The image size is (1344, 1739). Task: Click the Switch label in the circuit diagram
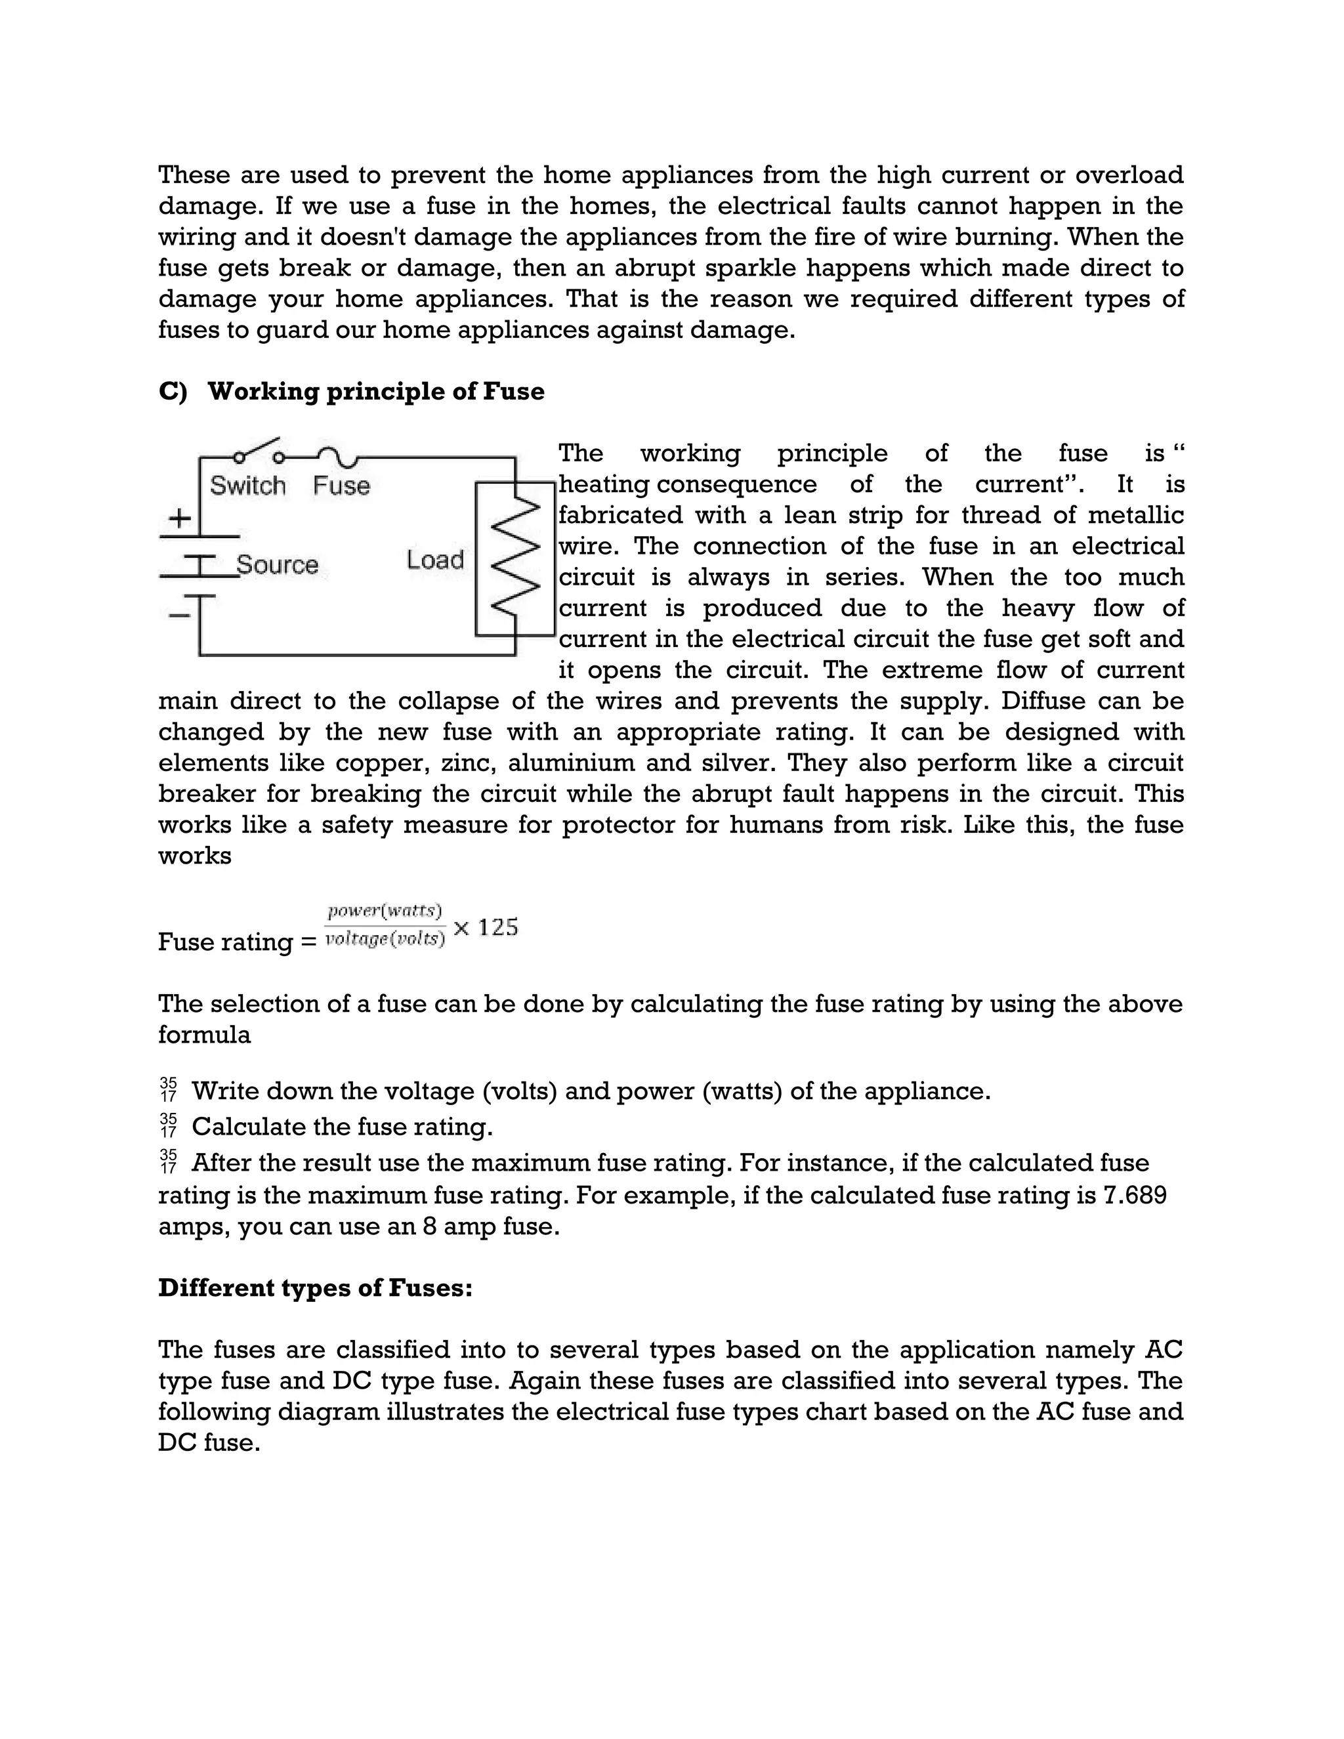247,486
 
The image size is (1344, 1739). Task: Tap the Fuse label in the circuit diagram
341,486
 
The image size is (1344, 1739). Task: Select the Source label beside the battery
277,564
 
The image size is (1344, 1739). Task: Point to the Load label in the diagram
434,560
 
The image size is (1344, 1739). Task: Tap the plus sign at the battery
180,518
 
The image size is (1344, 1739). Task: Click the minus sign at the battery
180,615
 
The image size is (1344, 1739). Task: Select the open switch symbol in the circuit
258,451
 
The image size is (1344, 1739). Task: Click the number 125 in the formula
499,927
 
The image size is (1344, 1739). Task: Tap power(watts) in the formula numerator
385,910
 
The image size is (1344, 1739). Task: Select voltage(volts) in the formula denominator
385,939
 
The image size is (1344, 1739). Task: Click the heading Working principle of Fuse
376,392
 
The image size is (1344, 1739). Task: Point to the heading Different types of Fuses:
315,1288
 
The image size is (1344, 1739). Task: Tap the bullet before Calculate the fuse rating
168,1126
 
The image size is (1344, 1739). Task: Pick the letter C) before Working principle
172,392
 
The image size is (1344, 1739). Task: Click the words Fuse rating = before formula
236,942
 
